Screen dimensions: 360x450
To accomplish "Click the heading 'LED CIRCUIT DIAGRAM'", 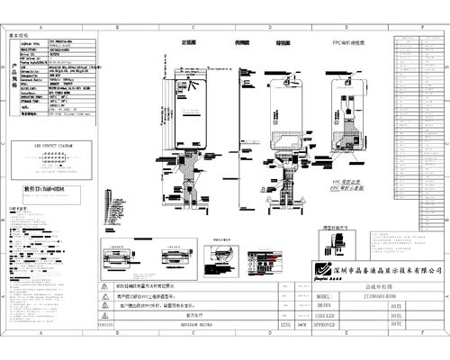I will pyautogui.click(x=53, y=143).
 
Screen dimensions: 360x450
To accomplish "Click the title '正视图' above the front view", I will pyautogui.click(x=189, y=42).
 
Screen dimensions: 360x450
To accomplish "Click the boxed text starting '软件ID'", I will pyautogui.click(x=42, y=191).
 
